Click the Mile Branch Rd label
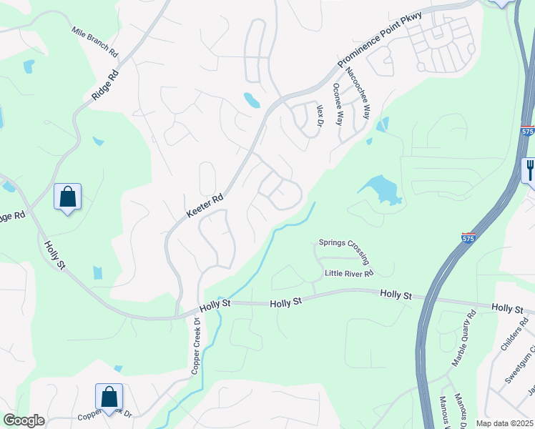(x=94, y=42)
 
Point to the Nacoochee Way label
(x=357, y=92)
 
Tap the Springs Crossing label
(x=343, y=243)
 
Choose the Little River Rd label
(x=349, y=273)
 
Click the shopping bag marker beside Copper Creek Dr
(x=109, y=397)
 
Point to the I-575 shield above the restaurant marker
(x=528, y=132)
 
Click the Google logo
(x=24, y=420)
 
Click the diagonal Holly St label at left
(x=54, y=255)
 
